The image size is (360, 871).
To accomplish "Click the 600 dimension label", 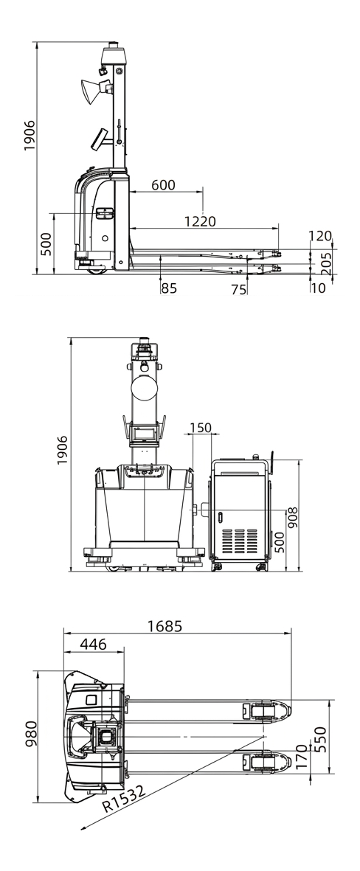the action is [163, 185].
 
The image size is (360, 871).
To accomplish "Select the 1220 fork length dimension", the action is [200, 221].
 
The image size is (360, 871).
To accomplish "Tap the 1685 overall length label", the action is [165, 626].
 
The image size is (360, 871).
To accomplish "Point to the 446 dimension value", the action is [94, 645].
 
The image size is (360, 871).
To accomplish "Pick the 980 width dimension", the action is [30, 733].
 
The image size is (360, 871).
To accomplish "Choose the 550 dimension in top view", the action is [321, 739].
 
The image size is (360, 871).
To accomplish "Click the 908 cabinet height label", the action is [292, 518].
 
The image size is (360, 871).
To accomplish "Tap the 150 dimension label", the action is [201, 427].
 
